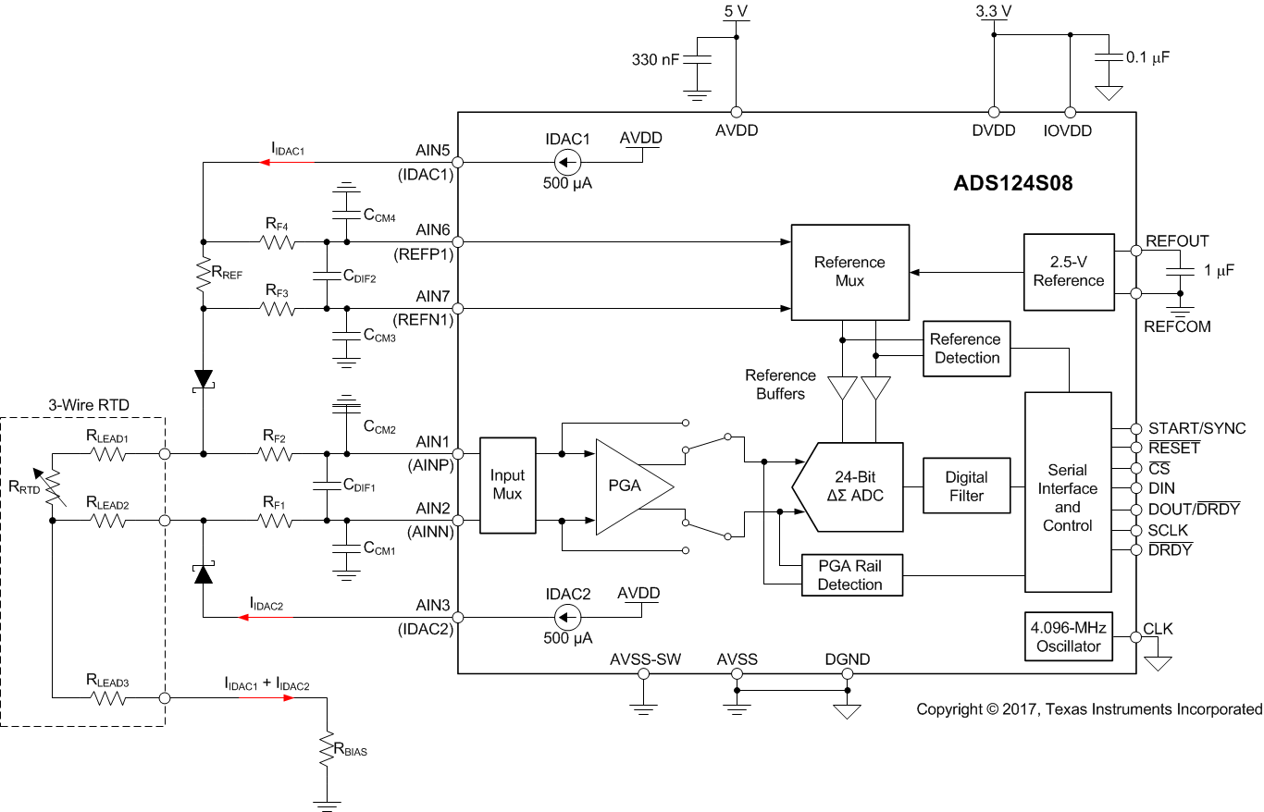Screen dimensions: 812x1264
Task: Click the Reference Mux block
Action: pos(849,271)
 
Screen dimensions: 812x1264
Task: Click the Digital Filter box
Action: pos(966,486)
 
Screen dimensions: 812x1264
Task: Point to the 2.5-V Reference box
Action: pos(1068,271)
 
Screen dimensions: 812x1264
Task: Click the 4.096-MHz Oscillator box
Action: pos(1068,636)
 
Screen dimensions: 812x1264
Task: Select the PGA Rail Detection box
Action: pos(849,574)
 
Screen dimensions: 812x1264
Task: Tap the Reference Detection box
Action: pos(967,349)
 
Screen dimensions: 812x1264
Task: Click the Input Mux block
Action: pos(507,485)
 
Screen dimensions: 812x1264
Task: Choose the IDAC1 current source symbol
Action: pos(567,163)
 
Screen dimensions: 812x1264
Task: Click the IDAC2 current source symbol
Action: pos(567,618)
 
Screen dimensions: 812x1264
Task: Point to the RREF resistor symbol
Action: pos(202,275)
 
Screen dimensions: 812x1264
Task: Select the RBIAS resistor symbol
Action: pos(327,750)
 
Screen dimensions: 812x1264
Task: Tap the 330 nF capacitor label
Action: pos(654,60)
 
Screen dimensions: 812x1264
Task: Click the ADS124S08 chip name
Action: pos(1013,183)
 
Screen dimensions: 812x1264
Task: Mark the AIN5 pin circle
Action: pos(458,163)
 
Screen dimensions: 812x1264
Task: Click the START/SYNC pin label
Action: pos(1196,429)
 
